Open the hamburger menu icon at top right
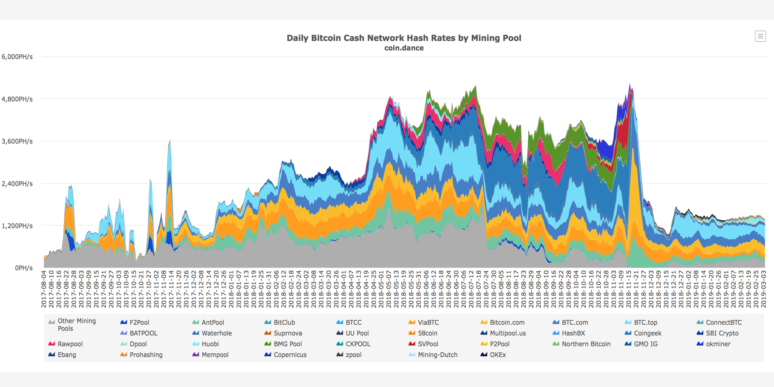760,36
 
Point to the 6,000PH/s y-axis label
17,57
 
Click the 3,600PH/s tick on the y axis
17,141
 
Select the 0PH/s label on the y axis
24,268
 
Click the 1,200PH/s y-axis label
17,226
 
